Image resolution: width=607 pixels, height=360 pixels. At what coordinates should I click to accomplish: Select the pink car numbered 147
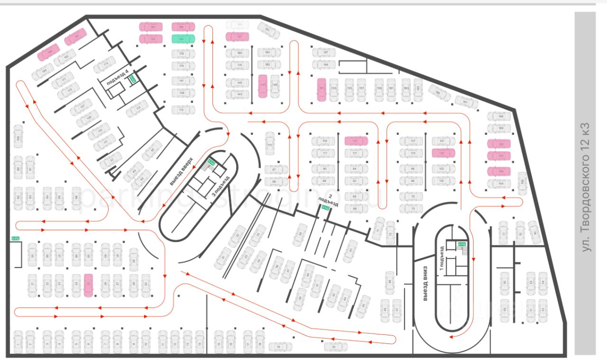[x=263, y=86]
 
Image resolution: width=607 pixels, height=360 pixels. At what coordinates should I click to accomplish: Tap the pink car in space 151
[x=322, y=90]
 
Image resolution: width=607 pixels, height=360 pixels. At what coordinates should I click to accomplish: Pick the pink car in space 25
[x=88, y=286]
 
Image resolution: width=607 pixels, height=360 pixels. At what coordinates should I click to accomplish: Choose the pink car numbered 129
[x=443, y=153]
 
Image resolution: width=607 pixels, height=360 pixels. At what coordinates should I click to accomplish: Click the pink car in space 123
[x=356, y=141]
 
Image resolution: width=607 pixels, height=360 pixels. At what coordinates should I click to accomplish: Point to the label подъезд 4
[x=117, y=77]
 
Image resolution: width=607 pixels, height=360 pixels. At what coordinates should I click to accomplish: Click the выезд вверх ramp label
[x=181, y=171]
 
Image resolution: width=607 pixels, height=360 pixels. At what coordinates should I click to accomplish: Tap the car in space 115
[x=270, y=143]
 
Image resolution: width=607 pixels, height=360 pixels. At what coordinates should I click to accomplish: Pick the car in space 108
[x=522, y=184]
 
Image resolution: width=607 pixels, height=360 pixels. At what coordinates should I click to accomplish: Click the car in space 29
[x=134, y=255]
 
